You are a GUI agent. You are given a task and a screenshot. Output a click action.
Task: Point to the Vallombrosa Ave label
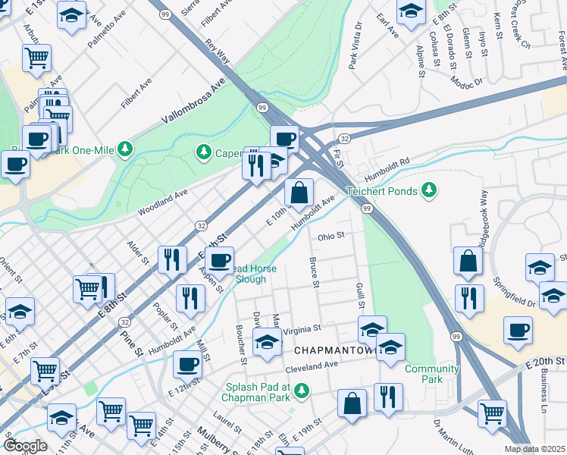click(193, 104)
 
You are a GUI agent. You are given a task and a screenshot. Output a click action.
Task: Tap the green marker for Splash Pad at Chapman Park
click(302, 391)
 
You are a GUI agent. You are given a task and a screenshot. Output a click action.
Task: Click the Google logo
click(25, 446)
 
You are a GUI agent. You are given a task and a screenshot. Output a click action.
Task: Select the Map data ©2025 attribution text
click(535, 449)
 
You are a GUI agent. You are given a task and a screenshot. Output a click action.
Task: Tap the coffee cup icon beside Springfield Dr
click(518, 331)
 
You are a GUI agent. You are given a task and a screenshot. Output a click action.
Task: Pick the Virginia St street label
click(302, 331)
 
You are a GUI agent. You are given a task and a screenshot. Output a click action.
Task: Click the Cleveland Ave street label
click(311, 365)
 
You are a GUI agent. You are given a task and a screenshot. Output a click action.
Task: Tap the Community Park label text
click(431, 375)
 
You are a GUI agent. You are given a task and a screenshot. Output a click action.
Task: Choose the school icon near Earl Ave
click(410, 11)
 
